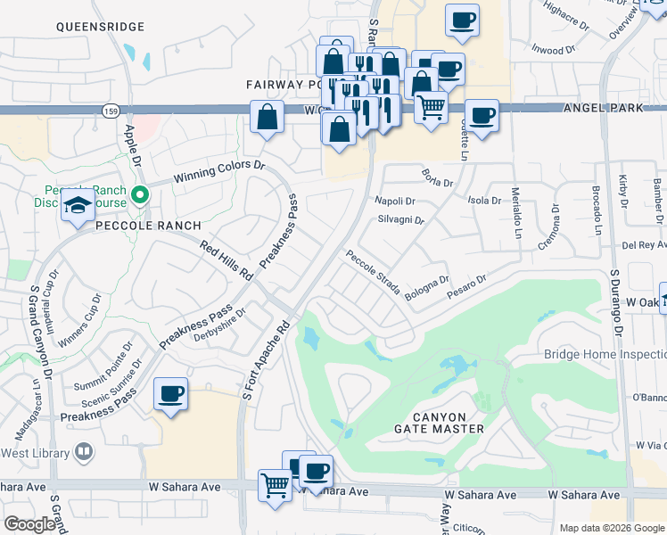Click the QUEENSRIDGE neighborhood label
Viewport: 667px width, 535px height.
pos(99,27)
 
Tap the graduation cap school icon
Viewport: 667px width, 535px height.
pos(78,207)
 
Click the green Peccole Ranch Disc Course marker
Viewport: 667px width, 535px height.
pos(139,193)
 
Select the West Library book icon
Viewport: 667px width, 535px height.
pos(83,452)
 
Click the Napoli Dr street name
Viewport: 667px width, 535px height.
pos(396,202)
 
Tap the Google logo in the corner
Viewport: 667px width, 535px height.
pos(29,524)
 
